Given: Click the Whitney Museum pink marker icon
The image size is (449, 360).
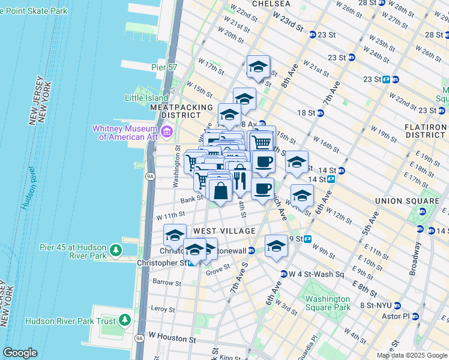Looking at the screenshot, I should (x=167, y=131).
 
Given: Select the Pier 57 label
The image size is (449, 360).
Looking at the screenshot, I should (x=164, y=67).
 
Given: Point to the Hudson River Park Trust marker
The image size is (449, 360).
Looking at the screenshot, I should (x=124, y=320).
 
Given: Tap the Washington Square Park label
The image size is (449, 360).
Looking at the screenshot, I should (x=327, y=303).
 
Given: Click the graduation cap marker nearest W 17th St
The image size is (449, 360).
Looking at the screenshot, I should (x=258, y=67).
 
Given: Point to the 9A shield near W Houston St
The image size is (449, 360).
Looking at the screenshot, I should (x=139, y=338).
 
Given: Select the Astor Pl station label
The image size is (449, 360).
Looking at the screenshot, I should (x=397, y=316).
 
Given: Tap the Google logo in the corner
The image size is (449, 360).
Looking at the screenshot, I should (x=20, y=353).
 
